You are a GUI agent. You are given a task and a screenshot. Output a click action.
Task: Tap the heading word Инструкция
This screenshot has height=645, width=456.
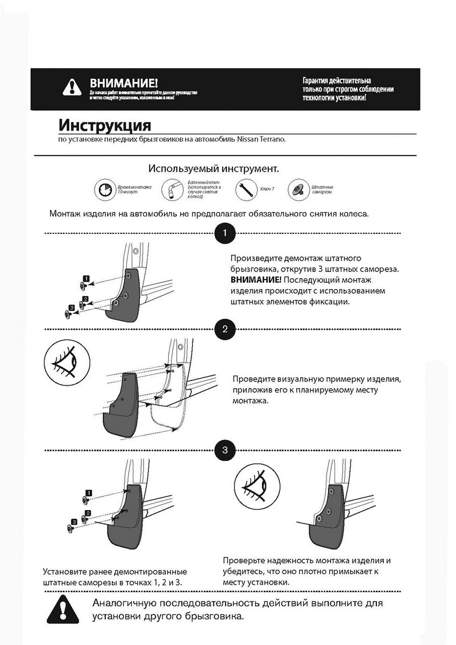pyautogui.click(x=104, y=125)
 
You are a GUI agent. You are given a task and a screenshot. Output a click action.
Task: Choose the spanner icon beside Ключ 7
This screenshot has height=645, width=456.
pyautogui.click(x=245, y=190)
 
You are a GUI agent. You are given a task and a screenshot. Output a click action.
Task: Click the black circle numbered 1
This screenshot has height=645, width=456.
pyautogui.click(x=225, y=233)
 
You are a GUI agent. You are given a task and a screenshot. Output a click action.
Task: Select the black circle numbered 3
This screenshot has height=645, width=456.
pyautogui.click(x=225, y=450)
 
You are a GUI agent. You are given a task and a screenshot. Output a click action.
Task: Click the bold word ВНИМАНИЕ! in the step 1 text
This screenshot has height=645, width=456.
pyautogui.click(x=255, y=280)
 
